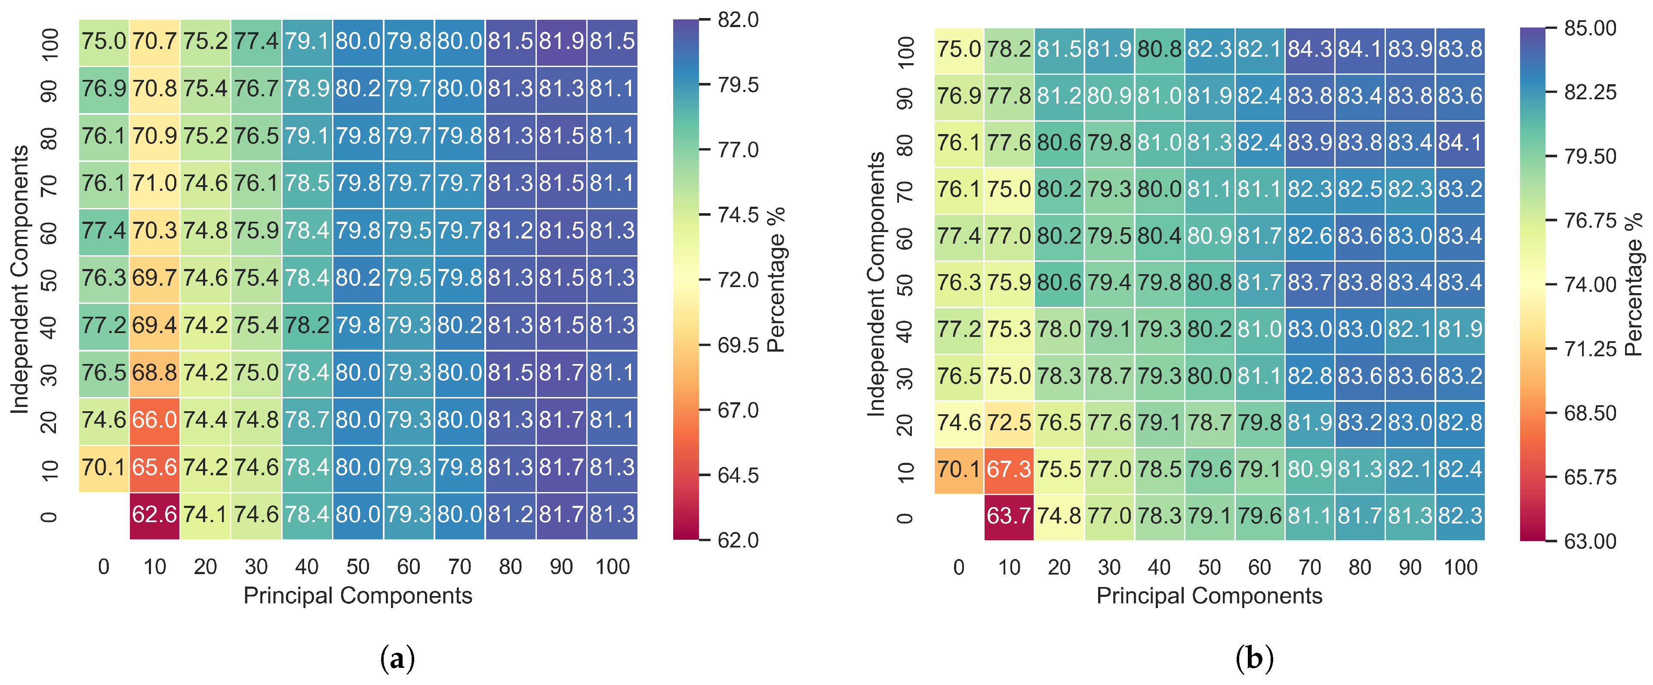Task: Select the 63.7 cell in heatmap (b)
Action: pos(1009,516)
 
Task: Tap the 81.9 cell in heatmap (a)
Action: pos(561,42)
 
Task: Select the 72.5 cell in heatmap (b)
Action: pos(1009,423)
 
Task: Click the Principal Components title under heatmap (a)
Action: pos(357,596)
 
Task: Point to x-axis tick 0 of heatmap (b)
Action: pos(959,568)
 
